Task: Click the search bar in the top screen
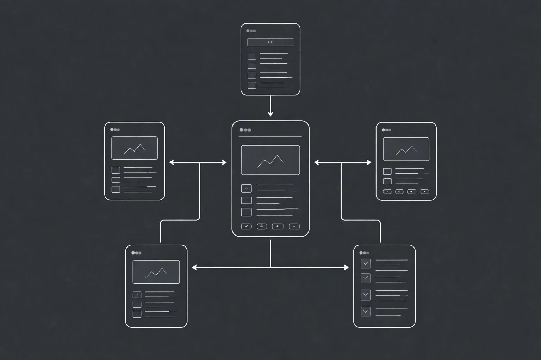click(270, 42)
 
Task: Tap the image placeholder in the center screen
click(270, 160)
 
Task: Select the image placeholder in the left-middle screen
click(134, 148)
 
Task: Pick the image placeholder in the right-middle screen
click(406, 149)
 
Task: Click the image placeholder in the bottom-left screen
click(156, 272)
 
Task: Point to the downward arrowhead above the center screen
click(270, 114)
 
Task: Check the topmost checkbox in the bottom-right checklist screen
click(366, 263)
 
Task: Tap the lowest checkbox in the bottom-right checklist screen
click(366, 311)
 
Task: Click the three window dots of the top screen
click(251, 31)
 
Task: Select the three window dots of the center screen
click(245, 130)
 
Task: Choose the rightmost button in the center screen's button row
click(294, 226)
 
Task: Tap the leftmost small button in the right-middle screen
click(387, 192)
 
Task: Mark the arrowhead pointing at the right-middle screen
click(369, 162)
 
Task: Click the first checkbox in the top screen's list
click(252, 56)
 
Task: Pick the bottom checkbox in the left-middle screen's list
click(116, 189)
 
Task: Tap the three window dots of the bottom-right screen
click(364, 253)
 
